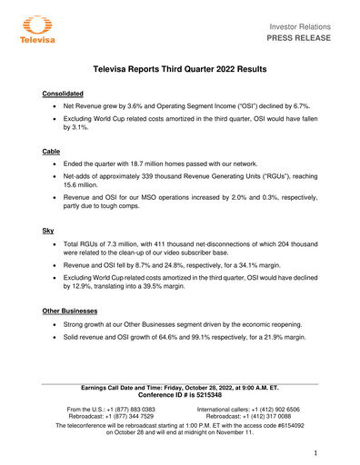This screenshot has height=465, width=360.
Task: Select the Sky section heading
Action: point(49,232)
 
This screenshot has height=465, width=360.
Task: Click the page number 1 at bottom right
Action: point(313,452)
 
